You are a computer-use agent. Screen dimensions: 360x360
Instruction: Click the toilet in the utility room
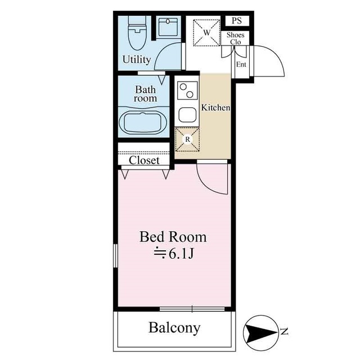137,33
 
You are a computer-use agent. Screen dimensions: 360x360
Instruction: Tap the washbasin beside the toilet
168,27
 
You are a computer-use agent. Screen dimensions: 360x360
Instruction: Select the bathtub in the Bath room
142,122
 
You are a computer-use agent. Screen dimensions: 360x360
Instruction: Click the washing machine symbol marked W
206,33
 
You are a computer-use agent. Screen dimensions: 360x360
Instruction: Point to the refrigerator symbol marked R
187,139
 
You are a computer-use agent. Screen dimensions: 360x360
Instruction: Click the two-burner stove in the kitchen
187,91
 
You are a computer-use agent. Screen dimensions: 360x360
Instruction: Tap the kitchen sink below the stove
187,115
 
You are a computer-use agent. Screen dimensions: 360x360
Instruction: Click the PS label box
237,21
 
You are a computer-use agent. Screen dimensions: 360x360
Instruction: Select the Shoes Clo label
235,38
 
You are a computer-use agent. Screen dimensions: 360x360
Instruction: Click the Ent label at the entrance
241,65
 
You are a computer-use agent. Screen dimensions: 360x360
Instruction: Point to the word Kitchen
215,107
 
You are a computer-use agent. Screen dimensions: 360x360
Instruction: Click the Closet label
144,160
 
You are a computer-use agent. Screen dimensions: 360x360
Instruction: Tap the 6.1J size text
174,254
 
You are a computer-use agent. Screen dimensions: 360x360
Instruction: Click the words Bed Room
173,237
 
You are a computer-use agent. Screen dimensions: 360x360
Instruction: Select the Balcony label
174,328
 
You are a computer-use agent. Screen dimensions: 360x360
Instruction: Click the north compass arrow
260,332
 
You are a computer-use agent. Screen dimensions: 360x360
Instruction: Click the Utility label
137,60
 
